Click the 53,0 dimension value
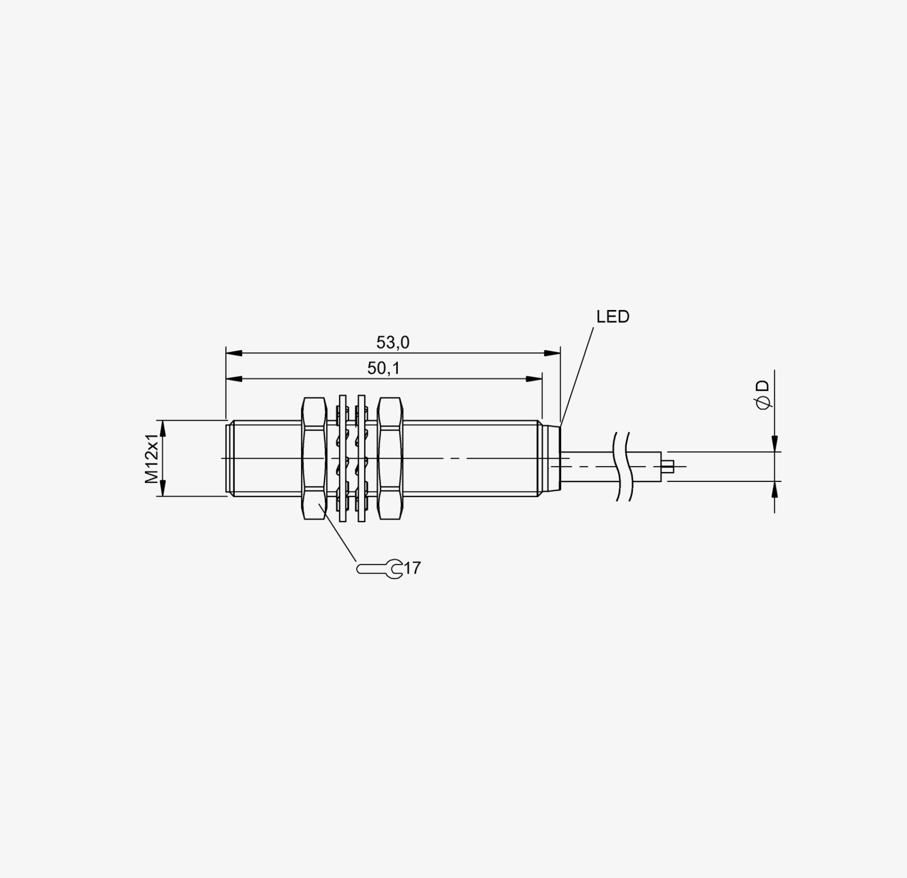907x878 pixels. click(x=393, y=343)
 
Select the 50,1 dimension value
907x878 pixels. click(x=384, y=368)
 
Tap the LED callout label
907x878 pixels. click(x=613, y=317)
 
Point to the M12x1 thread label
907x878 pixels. click(x=152, y=458)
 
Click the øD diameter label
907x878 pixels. click(x=763, y=394)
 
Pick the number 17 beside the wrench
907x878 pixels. click(x=412, y=567)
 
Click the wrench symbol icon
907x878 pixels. click(x=380, y=569)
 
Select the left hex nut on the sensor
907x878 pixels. click(x=314, y=458)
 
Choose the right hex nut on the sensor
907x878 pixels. click(x=390, y=458)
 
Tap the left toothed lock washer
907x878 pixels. click(x=342, y=458)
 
